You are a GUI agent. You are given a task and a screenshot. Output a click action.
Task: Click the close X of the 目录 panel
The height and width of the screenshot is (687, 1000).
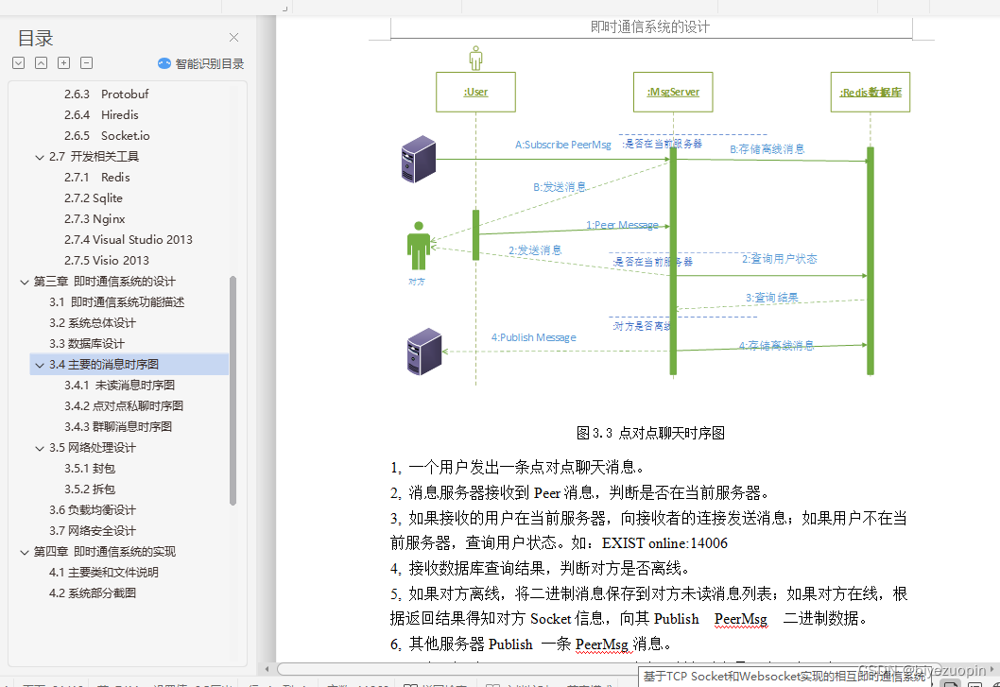[234, 38]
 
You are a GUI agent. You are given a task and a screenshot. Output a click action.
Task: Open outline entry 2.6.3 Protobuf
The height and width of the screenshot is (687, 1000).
[106, 94]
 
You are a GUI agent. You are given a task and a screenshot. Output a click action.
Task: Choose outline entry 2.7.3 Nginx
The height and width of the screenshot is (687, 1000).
[95, 219]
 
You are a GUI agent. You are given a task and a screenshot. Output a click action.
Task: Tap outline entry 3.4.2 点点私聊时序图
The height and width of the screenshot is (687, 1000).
[124, 406]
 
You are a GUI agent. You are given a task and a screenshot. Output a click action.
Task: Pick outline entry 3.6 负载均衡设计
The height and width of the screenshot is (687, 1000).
[93, 510]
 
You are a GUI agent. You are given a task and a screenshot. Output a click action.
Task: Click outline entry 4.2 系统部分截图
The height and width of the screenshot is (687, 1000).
[93, 593]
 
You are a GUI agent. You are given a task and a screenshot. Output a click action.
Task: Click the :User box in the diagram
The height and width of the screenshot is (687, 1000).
[475, 93]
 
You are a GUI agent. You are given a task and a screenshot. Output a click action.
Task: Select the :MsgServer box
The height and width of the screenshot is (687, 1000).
[673, 93]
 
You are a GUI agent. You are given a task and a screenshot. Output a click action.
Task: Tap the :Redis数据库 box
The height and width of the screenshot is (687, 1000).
[870, 93]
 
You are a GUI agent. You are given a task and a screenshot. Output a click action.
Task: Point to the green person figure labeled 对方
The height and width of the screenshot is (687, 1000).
[418, 248]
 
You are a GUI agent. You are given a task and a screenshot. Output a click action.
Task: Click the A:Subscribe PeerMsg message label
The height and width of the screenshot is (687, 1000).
[562, 145]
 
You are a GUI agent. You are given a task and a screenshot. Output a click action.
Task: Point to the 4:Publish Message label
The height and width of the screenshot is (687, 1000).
[533, 337]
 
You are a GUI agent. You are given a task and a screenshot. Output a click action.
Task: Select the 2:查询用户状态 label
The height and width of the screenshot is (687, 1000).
[779, 259]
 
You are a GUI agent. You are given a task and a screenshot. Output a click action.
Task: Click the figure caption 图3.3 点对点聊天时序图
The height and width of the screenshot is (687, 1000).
[650, 433]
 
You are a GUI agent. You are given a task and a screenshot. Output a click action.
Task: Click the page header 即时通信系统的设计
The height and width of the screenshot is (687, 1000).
[649, 26]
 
